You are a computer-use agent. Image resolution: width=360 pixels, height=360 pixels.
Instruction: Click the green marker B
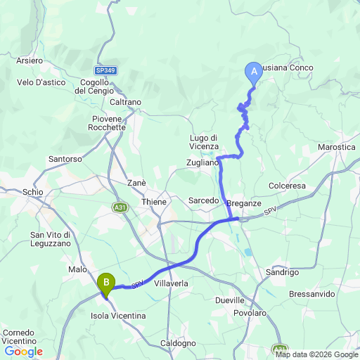tap(106, 283)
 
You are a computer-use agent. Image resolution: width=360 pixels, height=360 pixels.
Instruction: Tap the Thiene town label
tap(154, 202)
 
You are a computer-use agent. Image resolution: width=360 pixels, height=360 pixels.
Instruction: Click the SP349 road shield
tap(105, 70)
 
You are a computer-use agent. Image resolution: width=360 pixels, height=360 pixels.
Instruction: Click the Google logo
tap(23, 352)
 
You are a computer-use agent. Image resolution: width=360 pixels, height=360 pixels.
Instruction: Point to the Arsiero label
tap(30, 60)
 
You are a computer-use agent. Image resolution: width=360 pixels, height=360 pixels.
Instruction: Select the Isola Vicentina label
tap(118, 316)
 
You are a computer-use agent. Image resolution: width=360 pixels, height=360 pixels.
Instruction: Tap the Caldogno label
tap(179, 343)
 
